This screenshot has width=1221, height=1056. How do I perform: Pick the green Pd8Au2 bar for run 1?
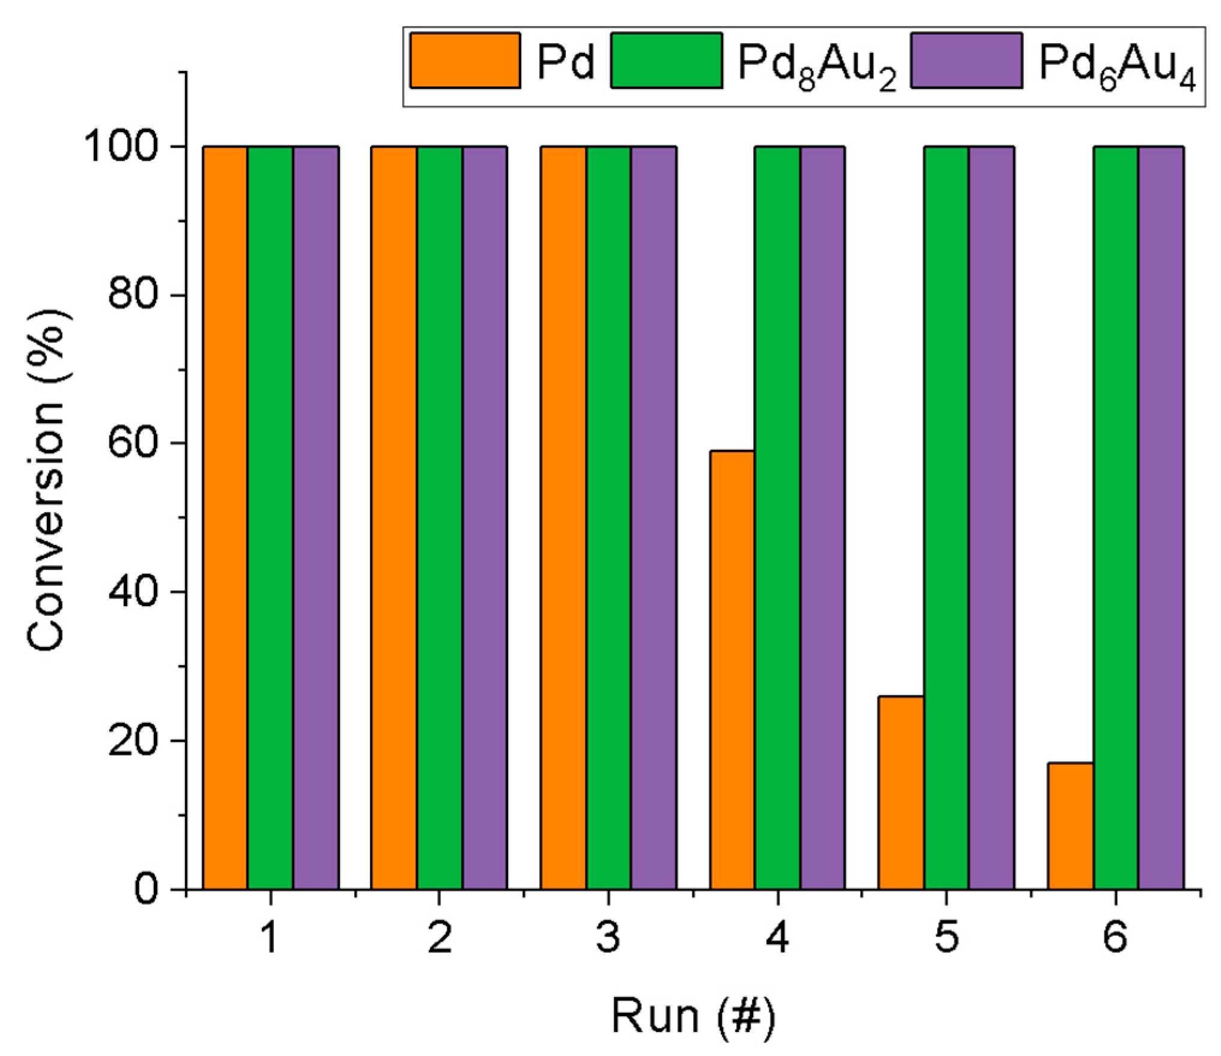(x=270, y=517)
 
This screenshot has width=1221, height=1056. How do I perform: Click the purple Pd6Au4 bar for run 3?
(x=653, y=517)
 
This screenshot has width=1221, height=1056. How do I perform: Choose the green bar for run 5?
(x=947, y=517)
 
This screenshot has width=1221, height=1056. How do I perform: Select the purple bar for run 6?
(x=1161, y=517)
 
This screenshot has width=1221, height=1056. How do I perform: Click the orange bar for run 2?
(x=394, y=517)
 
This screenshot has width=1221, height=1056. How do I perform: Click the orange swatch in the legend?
(x=465, y=61)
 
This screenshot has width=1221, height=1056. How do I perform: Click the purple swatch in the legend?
(x=966, y=61)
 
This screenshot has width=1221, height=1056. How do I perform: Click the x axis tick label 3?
(x=608, y=938)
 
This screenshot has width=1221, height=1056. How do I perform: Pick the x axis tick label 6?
(x=1115, y=938)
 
